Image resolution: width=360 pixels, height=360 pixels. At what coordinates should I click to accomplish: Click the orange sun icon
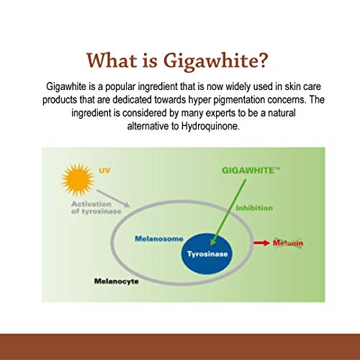point(78,179)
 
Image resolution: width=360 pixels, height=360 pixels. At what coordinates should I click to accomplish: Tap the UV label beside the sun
point(104,171)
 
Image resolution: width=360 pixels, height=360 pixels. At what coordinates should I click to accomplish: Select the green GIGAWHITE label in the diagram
point(251,171)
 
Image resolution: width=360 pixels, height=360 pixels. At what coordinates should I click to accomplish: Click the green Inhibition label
point(254,208)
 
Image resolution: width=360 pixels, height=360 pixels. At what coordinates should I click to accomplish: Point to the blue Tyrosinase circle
point(207,254)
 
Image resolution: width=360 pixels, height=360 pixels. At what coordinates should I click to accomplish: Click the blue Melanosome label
point(159,239)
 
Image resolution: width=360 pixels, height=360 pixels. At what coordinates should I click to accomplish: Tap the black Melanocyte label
point(117,282)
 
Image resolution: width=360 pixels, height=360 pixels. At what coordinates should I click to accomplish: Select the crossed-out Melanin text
point(288,243)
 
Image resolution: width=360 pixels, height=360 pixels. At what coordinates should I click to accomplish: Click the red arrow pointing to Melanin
point(262,243)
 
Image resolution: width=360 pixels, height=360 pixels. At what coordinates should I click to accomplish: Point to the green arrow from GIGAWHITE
point(228,212)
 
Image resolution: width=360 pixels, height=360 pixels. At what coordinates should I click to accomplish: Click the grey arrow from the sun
point(113,199)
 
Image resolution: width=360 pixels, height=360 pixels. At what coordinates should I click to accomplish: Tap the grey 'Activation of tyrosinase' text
point(96,207)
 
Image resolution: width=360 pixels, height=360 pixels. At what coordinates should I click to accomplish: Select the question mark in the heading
point(264,60)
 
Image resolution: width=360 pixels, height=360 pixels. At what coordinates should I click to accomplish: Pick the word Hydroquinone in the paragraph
point(210,126)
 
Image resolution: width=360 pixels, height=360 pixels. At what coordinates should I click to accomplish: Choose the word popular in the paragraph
point(120,86)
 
